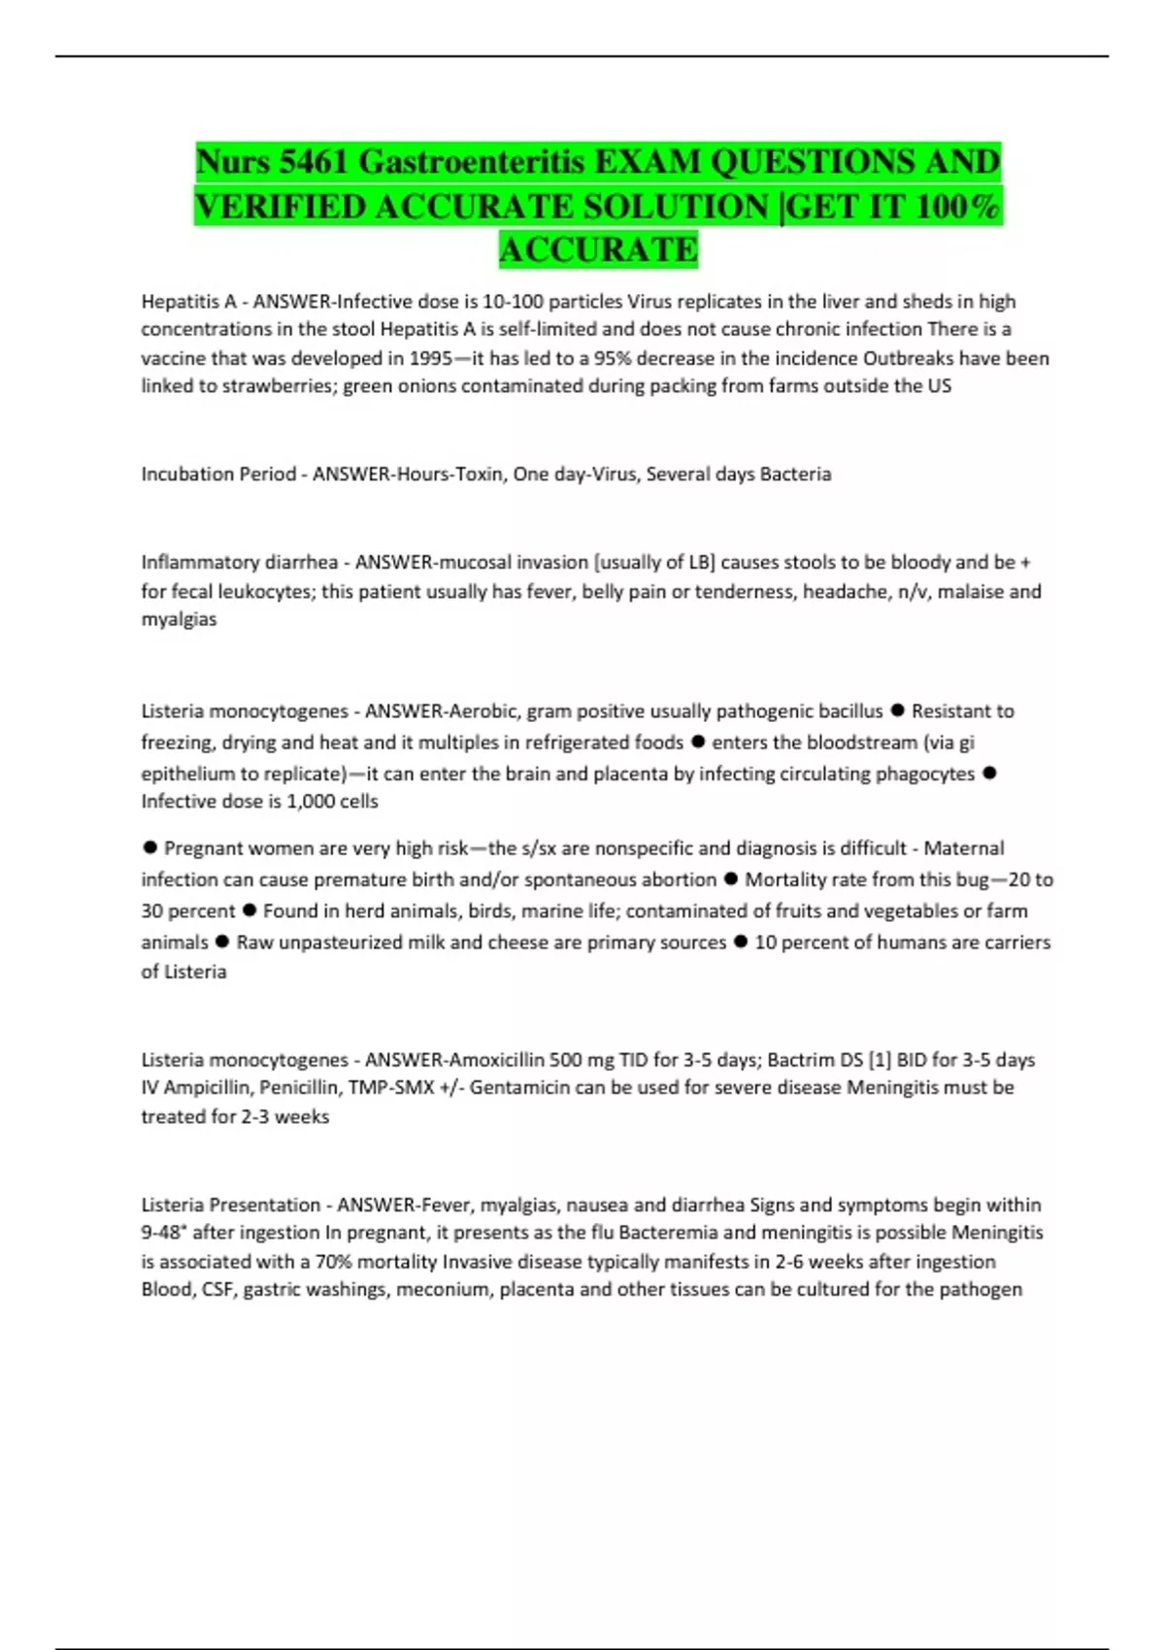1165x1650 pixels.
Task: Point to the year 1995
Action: tap(430, 358)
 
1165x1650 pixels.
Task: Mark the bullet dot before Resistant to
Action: tap(897, 710)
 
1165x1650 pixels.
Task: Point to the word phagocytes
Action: tap(925, 774)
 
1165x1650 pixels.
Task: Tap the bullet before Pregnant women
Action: tap(150, 847)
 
